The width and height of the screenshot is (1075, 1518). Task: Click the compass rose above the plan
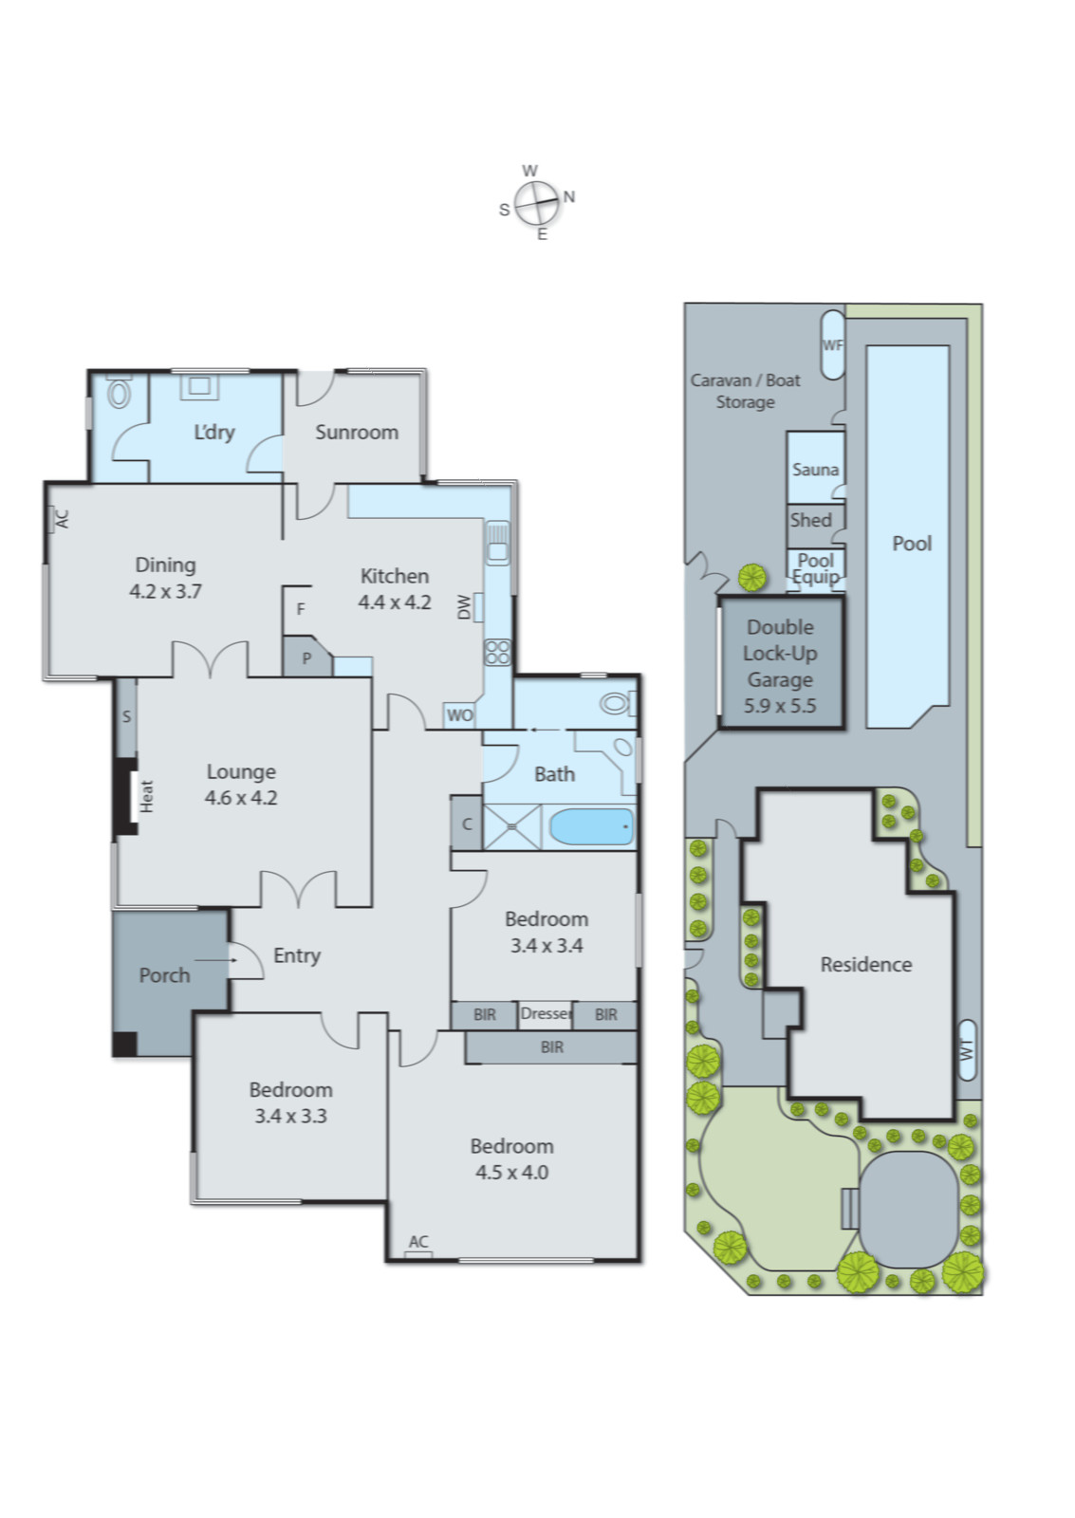click(537, 203)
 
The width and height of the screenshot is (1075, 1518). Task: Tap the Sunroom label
click(356, 432)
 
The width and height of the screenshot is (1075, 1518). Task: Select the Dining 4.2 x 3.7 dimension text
click(165, 591)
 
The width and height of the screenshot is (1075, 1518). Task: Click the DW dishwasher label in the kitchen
click(464, 606)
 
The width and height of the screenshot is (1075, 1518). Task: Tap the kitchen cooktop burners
click(497, 651)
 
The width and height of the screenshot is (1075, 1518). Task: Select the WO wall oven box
click(459, 715)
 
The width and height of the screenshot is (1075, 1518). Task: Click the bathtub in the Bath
click(591, 826)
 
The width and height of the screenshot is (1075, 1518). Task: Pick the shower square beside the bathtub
click(512, 826)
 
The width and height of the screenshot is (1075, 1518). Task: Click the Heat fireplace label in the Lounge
click(146, 795)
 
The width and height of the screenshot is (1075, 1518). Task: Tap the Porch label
click(164, 975)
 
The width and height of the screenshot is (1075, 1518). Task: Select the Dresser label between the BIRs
click(546, 1013)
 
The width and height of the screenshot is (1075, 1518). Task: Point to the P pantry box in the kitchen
click(306, 658)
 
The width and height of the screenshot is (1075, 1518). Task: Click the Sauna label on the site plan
click(815, 470)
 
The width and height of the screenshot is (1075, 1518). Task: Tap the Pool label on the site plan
click(911, 544)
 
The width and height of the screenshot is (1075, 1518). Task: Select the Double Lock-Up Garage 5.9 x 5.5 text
click(780, 666)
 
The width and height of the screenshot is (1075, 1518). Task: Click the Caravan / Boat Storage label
click(745, 391)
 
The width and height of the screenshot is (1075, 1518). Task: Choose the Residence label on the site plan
click(865, 964)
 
